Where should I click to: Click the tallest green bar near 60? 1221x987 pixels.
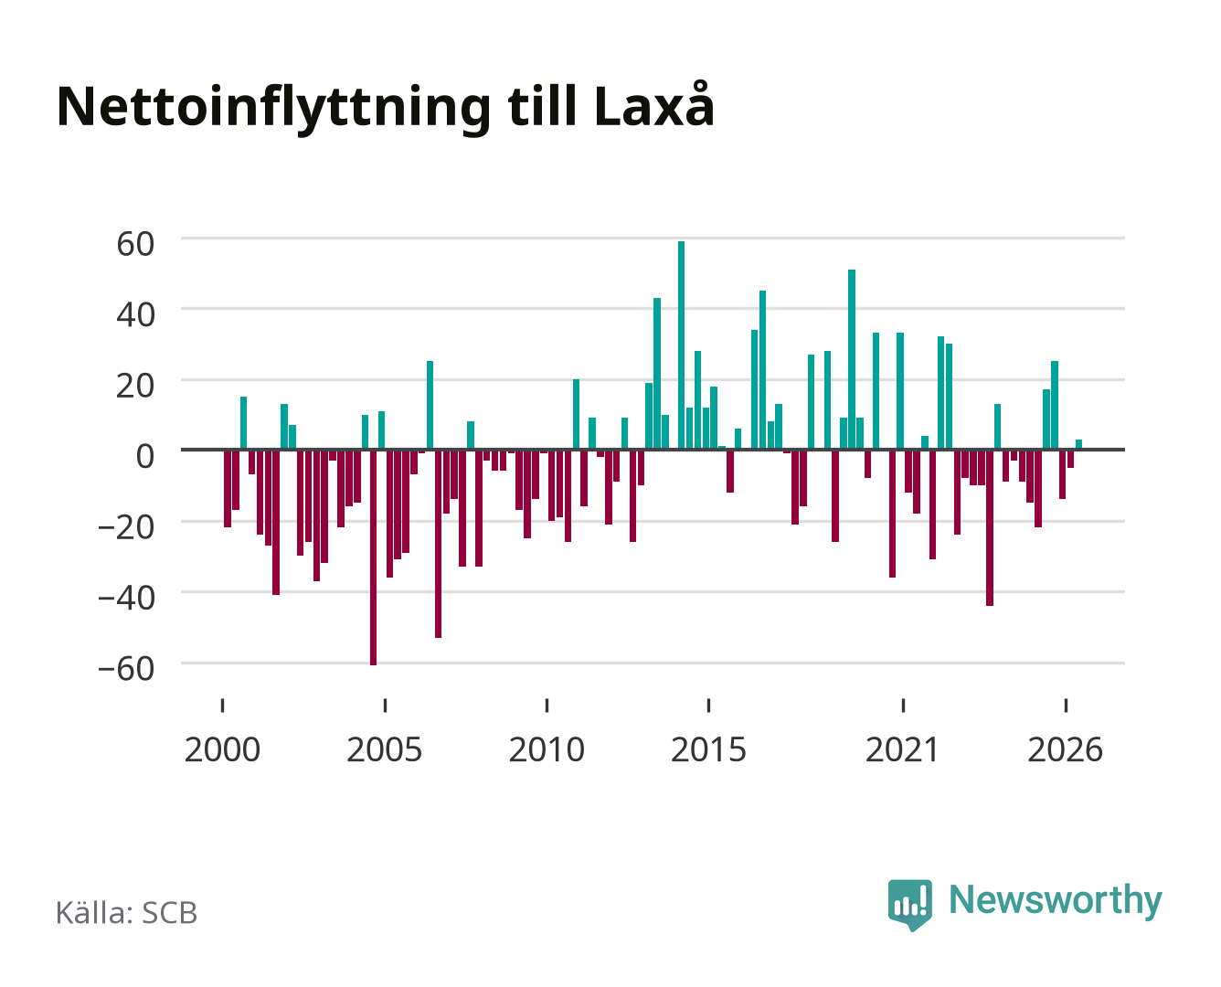(x=681, y=345)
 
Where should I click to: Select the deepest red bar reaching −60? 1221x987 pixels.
(x=373, y=557)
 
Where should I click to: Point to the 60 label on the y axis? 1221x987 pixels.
(x=135, y=244)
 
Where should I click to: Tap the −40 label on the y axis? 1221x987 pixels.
(x=126, y=598)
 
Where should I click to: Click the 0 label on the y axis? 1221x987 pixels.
(x=145, y=457)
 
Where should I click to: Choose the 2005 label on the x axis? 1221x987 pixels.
(x=384, y=749)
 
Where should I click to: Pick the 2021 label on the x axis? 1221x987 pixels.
(x=902, y=749)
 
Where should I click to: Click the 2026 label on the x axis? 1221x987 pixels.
(x=1065, y=749)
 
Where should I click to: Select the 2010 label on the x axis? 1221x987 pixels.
(x=547, y=749)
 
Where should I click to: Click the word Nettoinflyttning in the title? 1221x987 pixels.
(x=273, y=108)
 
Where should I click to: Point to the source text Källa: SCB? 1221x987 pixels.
(x=127, y=912)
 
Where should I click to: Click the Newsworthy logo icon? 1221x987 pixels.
(x=909, y=905)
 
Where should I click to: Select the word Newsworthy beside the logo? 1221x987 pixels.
(x=1056, y=900)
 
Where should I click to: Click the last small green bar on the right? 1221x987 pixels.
(x=1078, y=444)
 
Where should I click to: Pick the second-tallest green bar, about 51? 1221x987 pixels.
(x=851, y=359)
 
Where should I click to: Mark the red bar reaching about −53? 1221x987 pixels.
(x=438, y=544)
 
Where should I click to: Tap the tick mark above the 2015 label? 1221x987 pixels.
(x=708, y=705)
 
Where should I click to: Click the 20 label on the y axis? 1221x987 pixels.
(x=135, y=386)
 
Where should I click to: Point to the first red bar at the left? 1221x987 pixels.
(x=228, y=489)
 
